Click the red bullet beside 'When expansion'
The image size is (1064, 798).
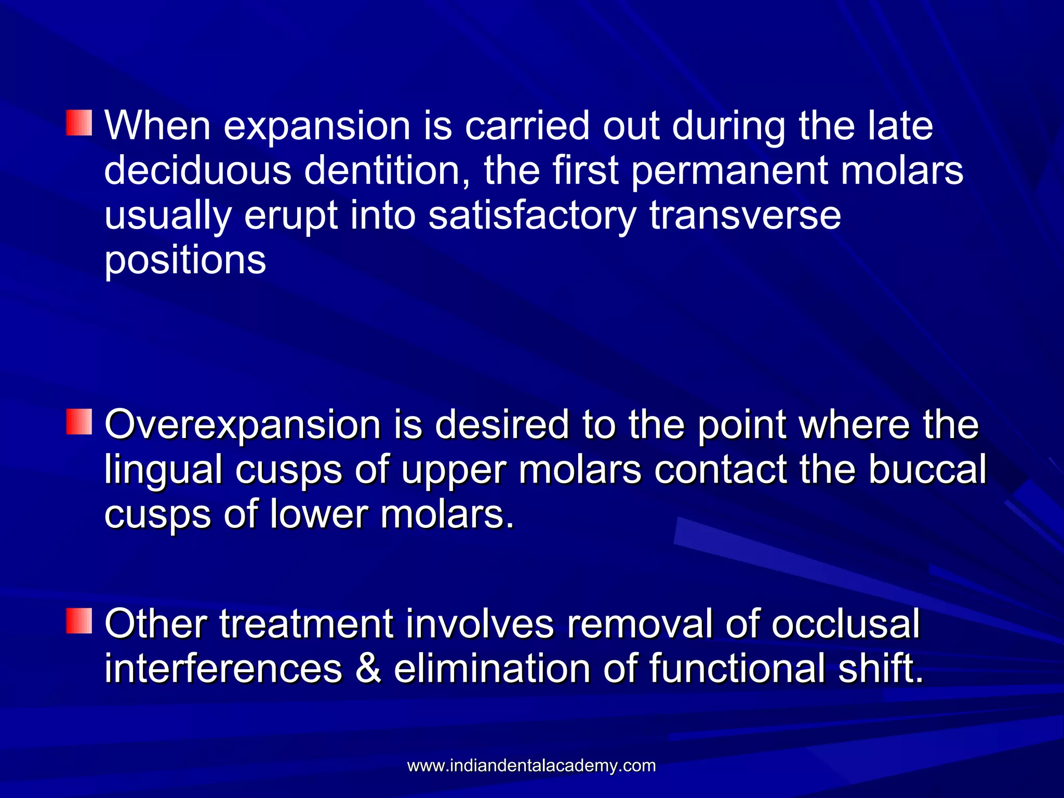click(79, 123)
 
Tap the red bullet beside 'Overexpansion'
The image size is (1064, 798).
click(79, 421)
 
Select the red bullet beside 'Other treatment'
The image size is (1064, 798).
click(79, 621)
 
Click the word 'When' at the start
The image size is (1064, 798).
click(157, 126)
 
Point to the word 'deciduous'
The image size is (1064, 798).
click(197, 170)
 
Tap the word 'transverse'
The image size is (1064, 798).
click(745, 216)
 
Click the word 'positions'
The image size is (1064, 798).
click(185, 261)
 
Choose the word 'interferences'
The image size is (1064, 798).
click(223, 669)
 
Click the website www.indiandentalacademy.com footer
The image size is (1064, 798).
click(531, 766)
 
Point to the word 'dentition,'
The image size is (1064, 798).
click(388, 170)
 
